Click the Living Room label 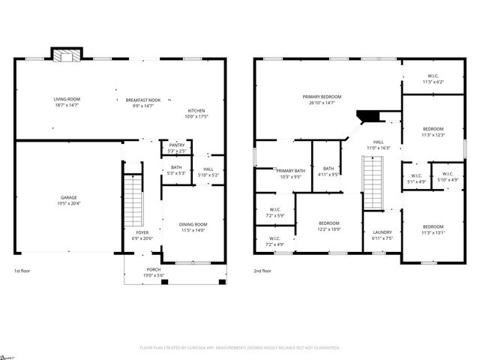(67, 99)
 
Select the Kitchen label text (196, 111)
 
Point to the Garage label (68, 197)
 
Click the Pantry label (177, 145)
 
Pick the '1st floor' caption (22, 271)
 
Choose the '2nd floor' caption (262, 271)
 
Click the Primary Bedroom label (322, 97)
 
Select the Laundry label (382, 232)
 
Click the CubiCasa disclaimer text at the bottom (240, 348)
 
